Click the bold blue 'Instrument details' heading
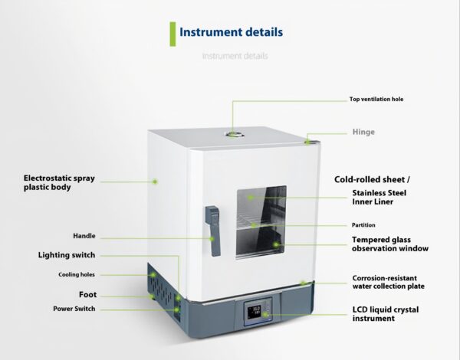click(231, 32)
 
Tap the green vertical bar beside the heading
click(172, 33)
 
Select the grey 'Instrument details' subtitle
click(235, 56)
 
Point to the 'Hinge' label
click(363, 132)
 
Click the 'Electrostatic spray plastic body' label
click(59, 182)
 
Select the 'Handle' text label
click(84, 236)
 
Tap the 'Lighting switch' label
click(67, 255)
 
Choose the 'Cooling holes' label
click(77, 274)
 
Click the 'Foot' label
click(87, 294)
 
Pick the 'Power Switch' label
click(74, 309)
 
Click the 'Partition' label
click(363, 225)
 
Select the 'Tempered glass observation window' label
click(389, 244)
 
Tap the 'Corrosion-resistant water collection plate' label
click(388, 282)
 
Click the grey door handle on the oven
click(213, 230)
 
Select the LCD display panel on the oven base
click(257, 313)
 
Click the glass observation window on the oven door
click(261, 221)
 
